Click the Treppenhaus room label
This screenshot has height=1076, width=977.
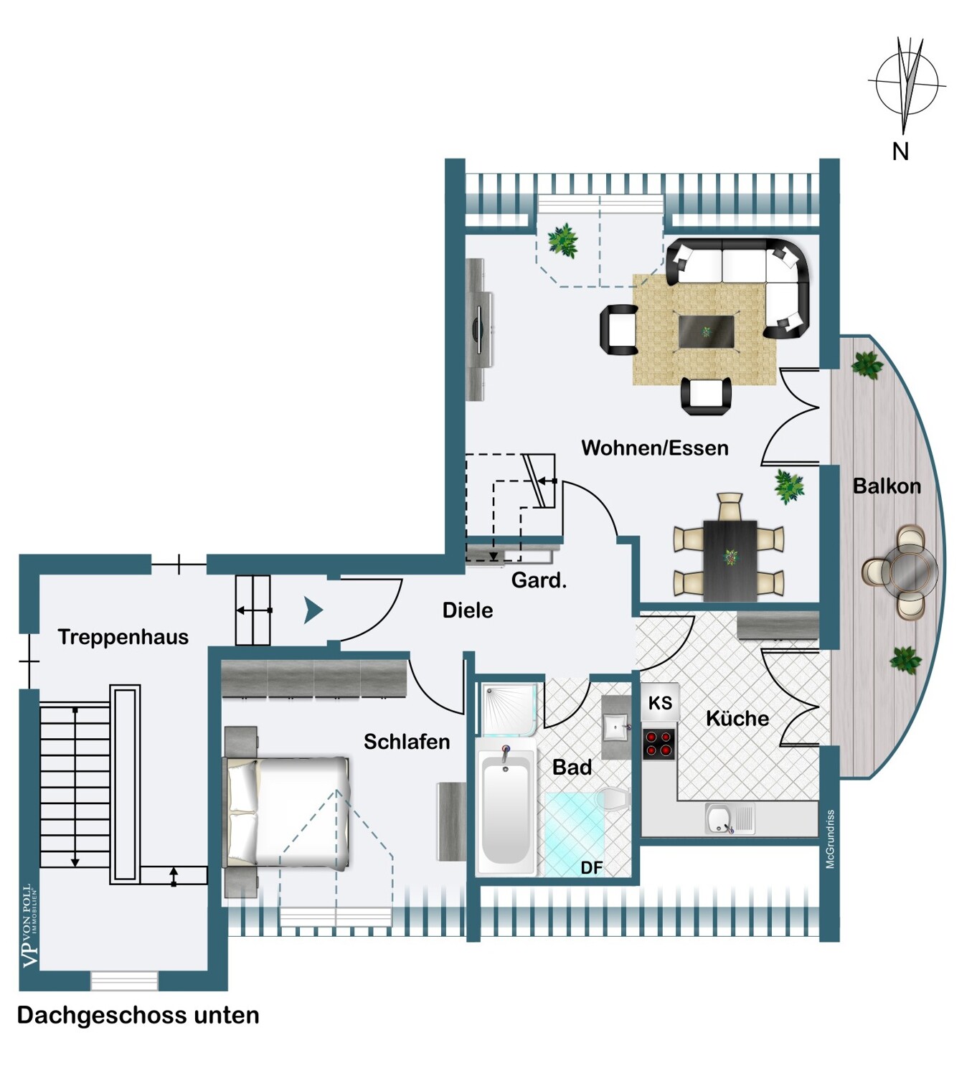coord(123,637)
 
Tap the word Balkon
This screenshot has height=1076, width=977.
coord(887,486)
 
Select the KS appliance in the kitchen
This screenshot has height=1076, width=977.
coord(660,703)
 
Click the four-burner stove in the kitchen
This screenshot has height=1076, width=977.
coord(659,743)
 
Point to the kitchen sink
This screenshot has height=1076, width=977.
coord(729,818)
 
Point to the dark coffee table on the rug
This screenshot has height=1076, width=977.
coord(706,331)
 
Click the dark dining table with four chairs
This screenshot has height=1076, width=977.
coord(730,560)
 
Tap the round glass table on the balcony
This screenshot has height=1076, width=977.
coord(910,570)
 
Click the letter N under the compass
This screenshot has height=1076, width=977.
coord(900,152)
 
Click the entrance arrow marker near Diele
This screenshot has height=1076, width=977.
coord(313,610)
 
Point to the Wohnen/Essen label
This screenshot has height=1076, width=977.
coord(654,448)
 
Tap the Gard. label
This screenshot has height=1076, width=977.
coord(539,580)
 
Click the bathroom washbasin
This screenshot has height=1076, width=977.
coord(615,727)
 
